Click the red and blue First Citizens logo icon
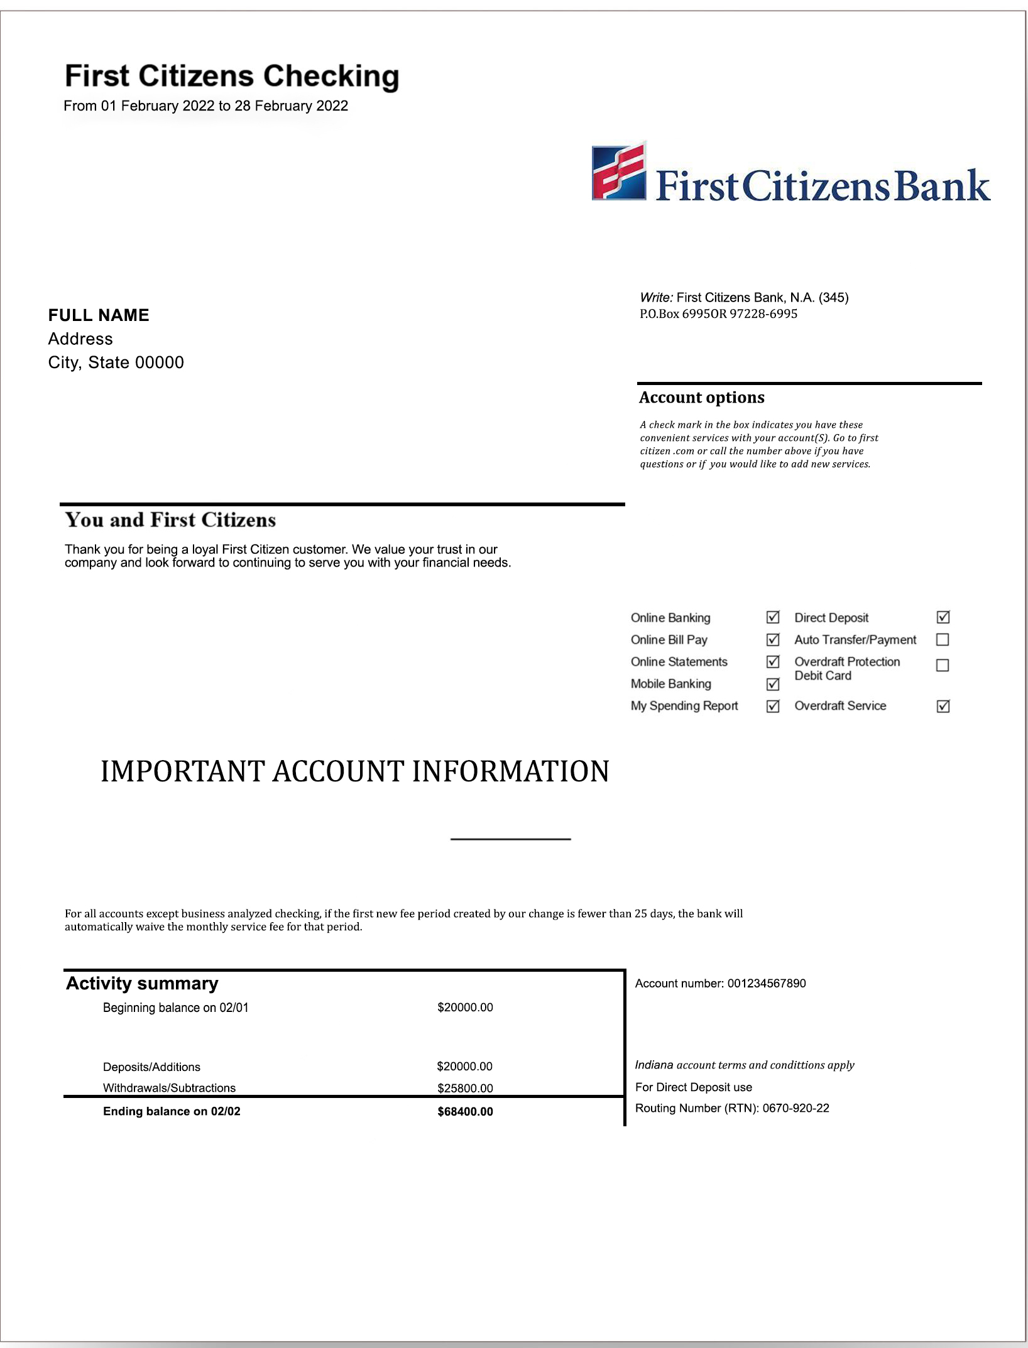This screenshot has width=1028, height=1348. click(619, 171)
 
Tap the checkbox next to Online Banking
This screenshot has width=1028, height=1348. click(773, 617)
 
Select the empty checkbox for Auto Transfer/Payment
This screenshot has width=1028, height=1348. click(943, 639)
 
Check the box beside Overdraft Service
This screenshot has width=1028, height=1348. click(943, 706)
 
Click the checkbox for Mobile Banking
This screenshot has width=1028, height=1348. click(773, 684)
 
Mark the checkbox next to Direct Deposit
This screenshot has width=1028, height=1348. click(943, 617)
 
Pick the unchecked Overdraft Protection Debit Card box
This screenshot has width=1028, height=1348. click(943, 665)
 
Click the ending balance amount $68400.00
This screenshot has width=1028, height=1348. click(465, 1111)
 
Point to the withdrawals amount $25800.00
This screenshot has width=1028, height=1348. click(465, 1088)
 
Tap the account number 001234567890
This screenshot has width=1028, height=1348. click(767, 983)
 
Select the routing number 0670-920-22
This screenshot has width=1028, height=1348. click(796, 1108)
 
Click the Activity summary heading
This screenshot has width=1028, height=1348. click(142, 983)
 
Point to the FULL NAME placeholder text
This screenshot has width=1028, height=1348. click(99, 315)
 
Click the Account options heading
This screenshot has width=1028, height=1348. click(701, 398)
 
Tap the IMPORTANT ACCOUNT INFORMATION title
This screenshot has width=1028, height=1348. click(355, 771)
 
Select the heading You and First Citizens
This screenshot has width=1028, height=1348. click(170, 520)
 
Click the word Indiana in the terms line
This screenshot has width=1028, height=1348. click(653, 1065)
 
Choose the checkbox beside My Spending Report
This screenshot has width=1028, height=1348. click(773, 706)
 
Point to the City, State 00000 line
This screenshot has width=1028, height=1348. click(116, 362)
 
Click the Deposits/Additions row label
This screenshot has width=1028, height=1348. click(151, 1067)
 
